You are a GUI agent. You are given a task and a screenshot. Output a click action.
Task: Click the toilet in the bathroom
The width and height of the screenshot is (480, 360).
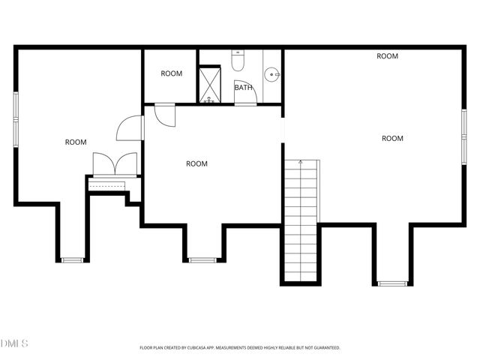(238, 61)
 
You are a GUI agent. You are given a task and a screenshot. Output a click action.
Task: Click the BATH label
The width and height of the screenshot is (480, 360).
(243, 88)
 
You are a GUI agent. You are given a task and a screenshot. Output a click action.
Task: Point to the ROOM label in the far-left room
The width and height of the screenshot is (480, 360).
(75, 142)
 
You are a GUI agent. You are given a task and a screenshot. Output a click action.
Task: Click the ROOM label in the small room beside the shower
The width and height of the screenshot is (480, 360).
(172, 73)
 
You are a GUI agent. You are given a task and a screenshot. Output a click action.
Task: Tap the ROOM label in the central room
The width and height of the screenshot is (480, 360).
(196, 163)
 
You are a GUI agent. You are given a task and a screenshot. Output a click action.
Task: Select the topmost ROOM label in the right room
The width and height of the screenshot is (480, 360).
(387, 56)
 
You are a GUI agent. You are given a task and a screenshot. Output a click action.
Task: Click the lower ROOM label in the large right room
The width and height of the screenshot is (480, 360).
(392, 138)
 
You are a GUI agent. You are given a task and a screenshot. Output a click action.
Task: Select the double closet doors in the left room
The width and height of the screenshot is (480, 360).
(115, 164)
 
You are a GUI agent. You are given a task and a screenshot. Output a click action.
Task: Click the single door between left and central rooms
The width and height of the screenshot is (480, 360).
(130, 127)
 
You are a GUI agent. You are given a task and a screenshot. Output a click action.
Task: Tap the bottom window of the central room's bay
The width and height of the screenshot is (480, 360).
(201, 260)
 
